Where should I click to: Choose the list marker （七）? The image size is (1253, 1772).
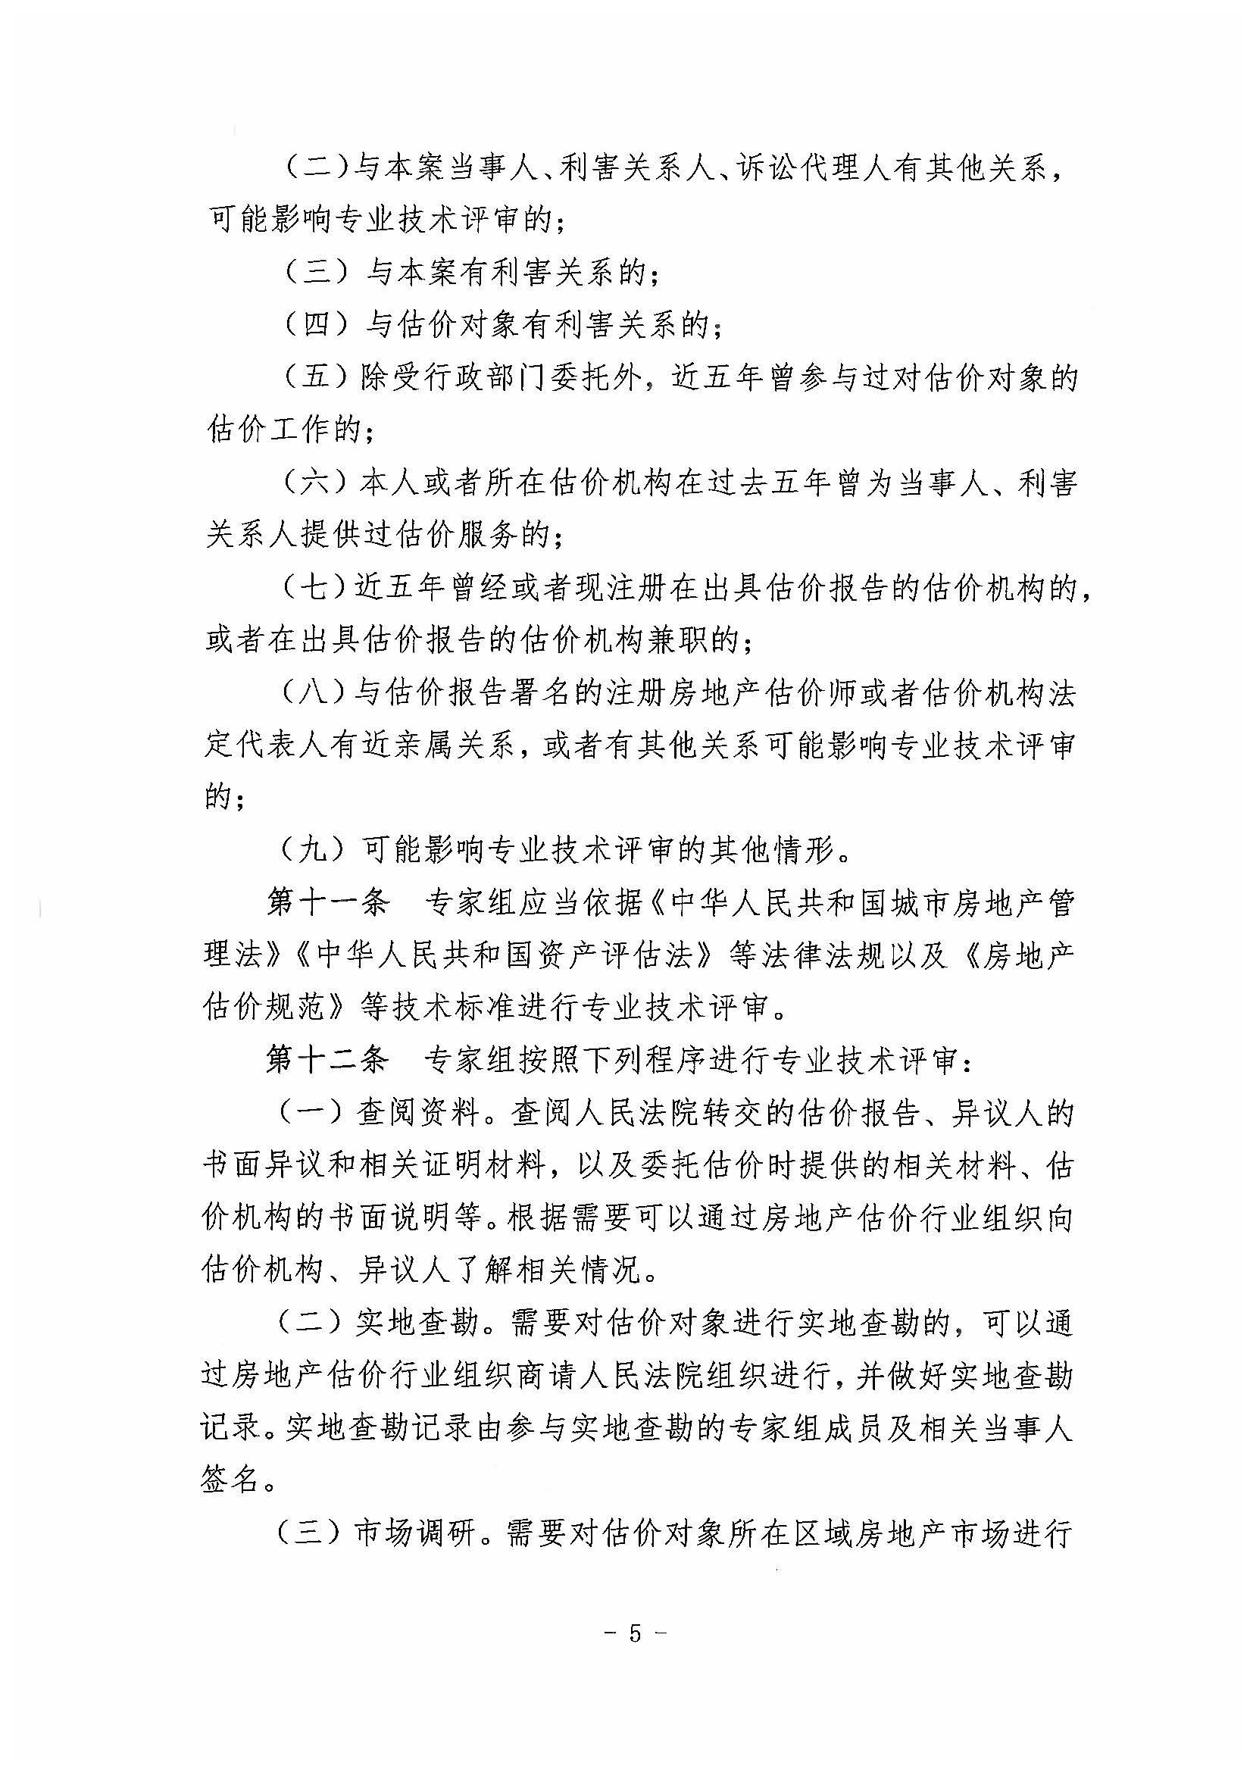point(316,589)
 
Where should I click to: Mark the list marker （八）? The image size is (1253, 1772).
point(316,694)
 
